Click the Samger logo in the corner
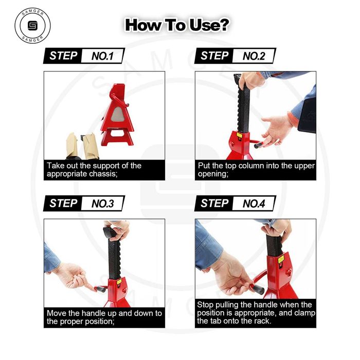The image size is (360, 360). [32, 25]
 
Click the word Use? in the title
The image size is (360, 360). [209, 25]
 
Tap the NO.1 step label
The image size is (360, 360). [102, 56]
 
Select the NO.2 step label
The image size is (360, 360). [254, 56]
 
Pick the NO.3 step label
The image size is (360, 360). [102, 204]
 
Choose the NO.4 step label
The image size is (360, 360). [254, 204]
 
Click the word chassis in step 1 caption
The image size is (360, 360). [103, 174]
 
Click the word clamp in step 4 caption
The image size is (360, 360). [304, 313]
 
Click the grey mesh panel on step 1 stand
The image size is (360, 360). [117, 115]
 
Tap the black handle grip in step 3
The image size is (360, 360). [101, 289]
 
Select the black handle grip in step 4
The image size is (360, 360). [259, 289]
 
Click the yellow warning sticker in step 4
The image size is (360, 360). [281, 260]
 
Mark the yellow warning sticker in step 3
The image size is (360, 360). [119, 282]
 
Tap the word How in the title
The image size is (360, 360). [142, 25]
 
